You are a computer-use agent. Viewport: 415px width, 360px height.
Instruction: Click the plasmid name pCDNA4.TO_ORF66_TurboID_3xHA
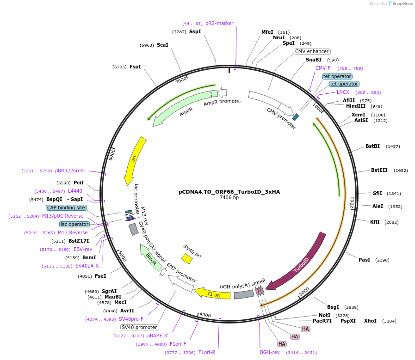[229, 192]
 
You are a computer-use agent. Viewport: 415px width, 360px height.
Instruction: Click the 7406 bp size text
[229, 198]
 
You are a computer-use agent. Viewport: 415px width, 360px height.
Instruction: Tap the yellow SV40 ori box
[186, 259]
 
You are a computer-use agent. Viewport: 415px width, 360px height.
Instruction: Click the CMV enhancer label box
[312, 51]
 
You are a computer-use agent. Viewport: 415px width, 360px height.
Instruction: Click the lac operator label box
[74, 224]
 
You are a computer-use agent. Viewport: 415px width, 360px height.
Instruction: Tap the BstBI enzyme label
[372, 146]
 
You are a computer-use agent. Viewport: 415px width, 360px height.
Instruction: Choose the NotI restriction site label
[325, 315]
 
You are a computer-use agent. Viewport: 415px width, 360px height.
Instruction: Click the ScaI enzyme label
[162, 45]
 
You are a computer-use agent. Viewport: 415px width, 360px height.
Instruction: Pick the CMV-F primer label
[323, 68]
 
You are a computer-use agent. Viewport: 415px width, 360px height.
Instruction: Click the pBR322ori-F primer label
[69, 171]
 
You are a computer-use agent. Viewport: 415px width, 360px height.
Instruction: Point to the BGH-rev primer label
[270, 352]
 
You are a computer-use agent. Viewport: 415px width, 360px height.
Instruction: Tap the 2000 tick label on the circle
[352, 202]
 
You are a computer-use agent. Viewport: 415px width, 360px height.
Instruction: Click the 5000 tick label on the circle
[122, 256]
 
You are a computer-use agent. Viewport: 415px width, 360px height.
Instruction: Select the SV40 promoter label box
[139, 327]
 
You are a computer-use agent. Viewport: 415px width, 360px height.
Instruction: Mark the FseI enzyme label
[100, 276]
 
